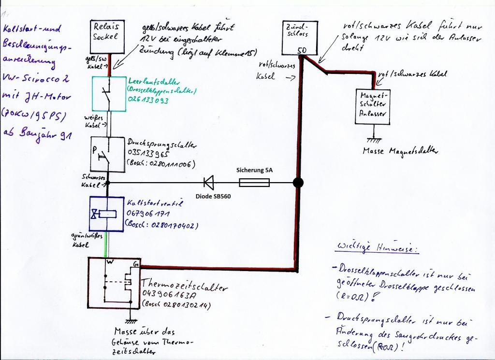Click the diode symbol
(209, 182)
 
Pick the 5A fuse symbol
(254, 182)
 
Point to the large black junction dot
(299, 183)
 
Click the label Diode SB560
(210, 197)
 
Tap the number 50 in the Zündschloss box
(301, 50)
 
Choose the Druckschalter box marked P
(108, 154)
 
